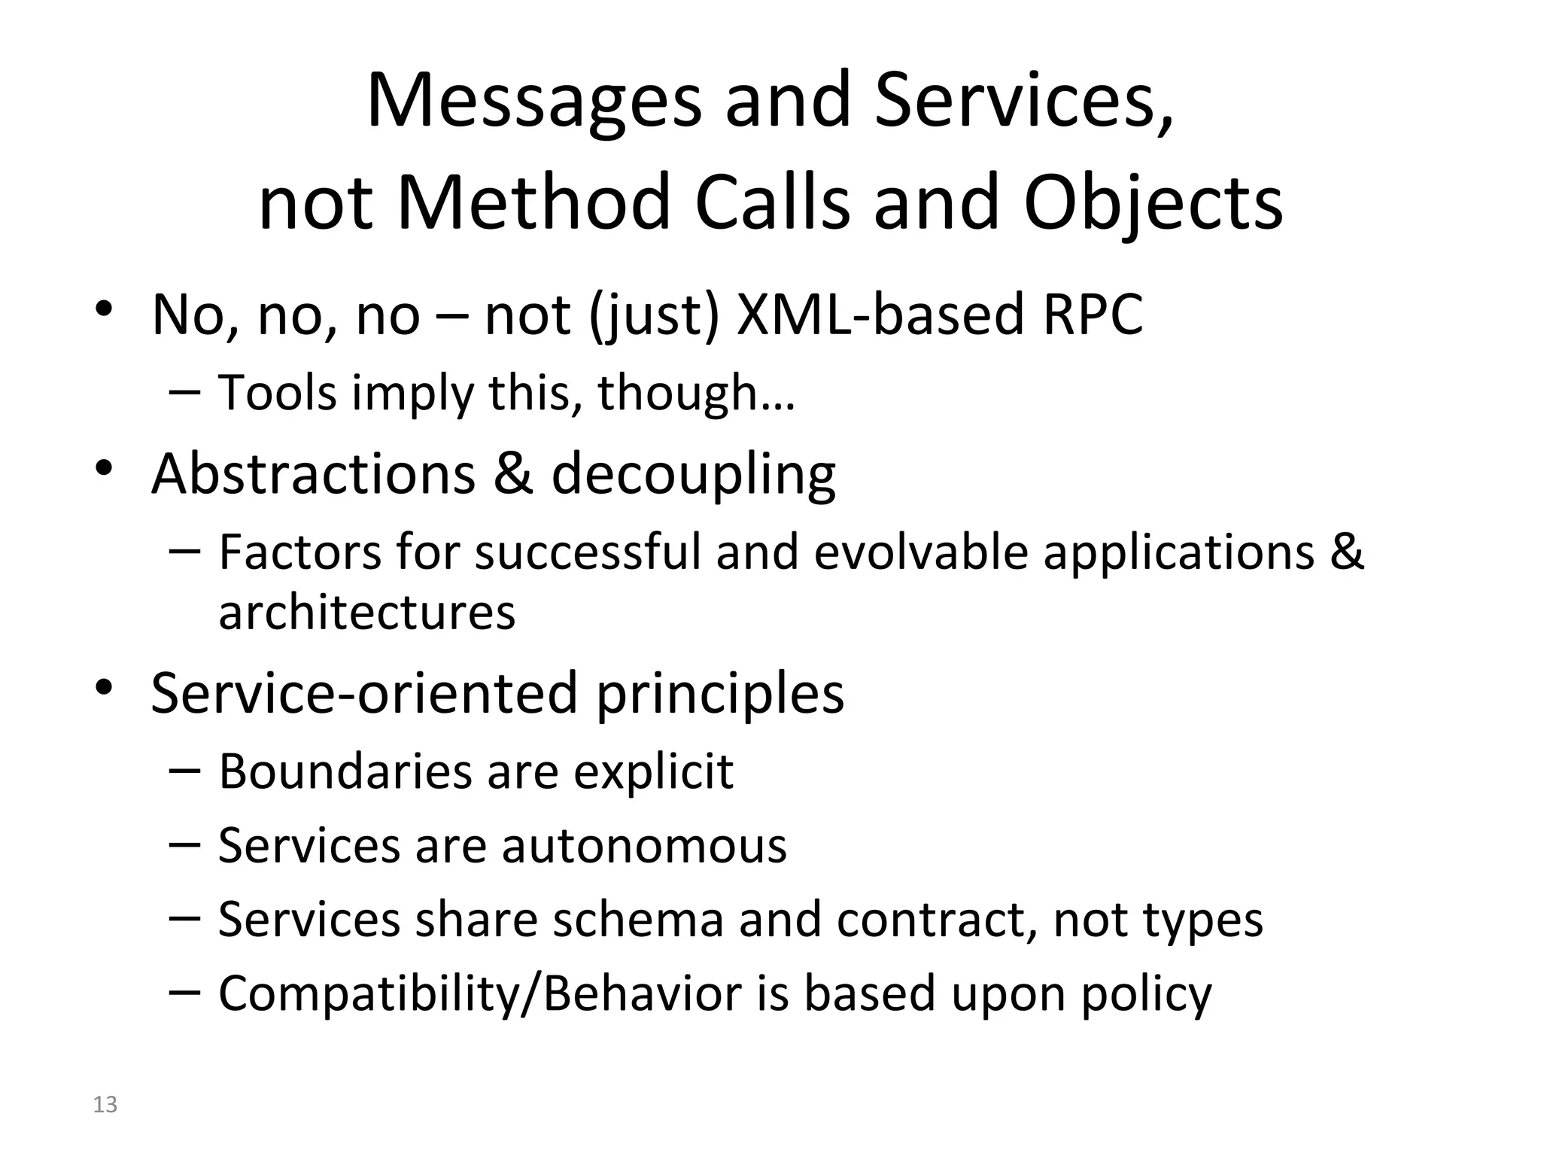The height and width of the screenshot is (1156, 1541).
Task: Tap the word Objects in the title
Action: click(x=1153, y=203)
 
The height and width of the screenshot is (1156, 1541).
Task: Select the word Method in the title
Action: click(x=533, y=203)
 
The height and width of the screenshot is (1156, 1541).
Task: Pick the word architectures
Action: click(x=366, y=611)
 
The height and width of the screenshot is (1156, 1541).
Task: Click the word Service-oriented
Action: click(x=363, y=692)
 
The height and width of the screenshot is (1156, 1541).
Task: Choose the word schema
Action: click(x=638, y=919)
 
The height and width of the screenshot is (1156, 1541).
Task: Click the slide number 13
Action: click(x=105, y=1104)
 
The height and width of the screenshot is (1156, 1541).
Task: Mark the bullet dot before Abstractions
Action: click(x=104, y=467)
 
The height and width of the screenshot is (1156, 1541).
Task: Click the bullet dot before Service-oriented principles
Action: click(x=104, y=686)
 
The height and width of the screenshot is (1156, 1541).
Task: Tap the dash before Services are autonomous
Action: click(x=184, y=844)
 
